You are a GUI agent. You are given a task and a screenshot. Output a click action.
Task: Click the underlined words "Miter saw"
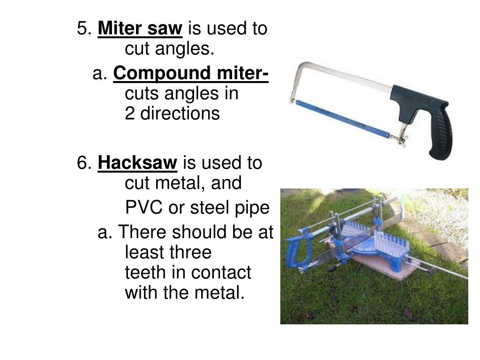tap(140, 28)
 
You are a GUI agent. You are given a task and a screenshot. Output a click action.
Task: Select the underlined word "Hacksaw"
tap(137, 163)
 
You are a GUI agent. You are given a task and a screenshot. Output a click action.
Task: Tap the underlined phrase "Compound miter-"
tap(191, 73)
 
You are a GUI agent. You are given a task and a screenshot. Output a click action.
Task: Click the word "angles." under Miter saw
tap(185, 49)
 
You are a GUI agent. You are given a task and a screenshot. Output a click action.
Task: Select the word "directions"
tap(180, 113)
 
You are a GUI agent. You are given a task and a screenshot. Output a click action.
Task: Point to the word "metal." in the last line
tap(219, 292)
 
